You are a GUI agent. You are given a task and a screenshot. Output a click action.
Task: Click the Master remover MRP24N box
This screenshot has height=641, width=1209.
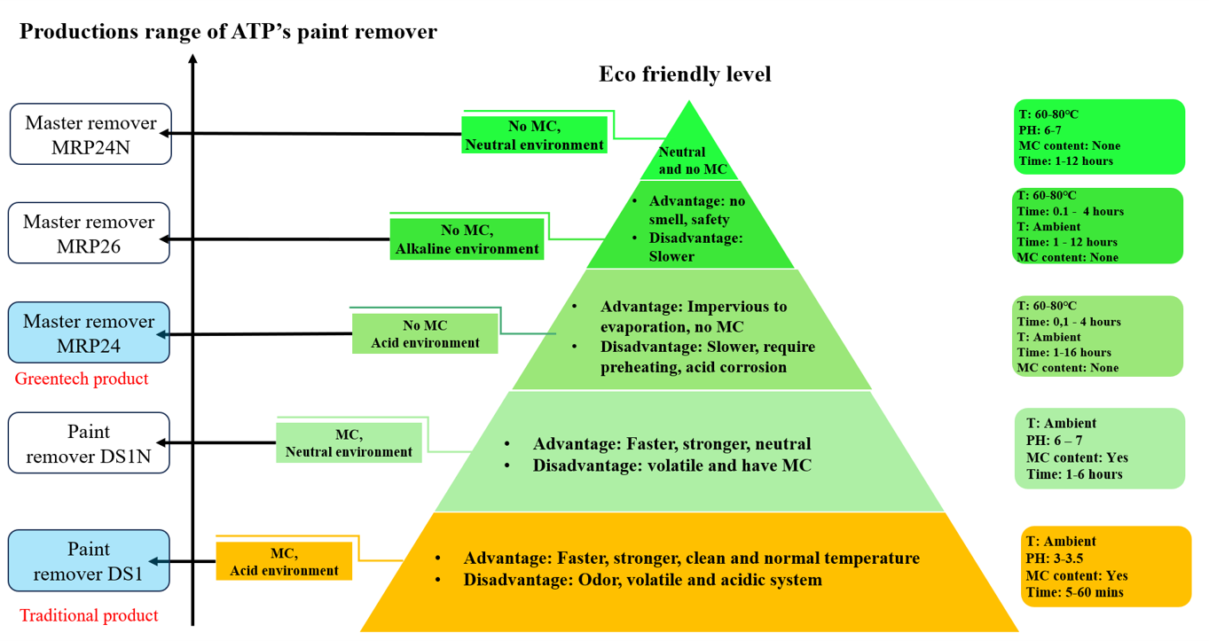point(90,134)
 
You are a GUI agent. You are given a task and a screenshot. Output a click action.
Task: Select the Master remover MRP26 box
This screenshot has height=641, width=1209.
point(89,233)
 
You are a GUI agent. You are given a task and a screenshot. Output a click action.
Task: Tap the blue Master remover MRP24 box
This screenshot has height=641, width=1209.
point(89,332)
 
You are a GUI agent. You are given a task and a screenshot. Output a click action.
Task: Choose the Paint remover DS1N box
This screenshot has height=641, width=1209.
point(89,442)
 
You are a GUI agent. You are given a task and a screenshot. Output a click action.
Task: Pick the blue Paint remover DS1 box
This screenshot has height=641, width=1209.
point(89,560)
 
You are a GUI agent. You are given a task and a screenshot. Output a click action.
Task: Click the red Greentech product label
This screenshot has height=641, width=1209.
point(82,379)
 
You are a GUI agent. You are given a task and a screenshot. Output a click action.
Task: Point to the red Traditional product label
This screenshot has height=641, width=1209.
point(89,615)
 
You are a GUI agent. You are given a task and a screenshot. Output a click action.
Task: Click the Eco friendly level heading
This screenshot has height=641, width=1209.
point(685,74)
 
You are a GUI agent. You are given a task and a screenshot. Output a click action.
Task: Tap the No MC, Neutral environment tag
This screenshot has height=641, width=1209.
point(534,135)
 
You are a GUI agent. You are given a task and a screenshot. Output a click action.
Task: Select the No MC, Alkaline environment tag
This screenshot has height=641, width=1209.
point(467,239)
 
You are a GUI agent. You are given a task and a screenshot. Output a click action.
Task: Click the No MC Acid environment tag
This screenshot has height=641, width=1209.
point(425,334)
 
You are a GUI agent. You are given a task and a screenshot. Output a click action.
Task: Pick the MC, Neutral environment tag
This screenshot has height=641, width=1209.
point(349,442)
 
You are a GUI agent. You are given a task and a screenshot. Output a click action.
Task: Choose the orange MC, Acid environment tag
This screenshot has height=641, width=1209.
point(284,562)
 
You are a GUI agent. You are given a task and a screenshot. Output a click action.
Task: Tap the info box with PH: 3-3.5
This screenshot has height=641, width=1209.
point(1105,567)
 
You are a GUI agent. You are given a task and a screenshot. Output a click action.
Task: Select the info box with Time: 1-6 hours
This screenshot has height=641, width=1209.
point(1100,449)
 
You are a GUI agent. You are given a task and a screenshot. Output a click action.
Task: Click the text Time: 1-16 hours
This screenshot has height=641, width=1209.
point(1064,352)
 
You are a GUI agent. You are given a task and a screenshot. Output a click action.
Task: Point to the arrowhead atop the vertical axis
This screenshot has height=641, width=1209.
point(192,60)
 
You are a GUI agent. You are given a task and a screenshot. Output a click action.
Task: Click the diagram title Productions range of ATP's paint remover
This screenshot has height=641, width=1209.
point(228,33)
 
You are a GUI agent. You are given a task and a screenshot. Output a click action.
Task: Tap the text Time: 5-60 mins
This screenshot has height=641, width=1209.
point(1074,591)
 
